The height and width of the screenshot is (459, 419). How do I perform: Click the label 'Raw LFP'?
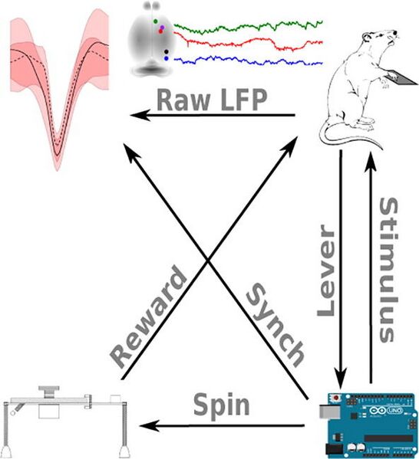point(212,100)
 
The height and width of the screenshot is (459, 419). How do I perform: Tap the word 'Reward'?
point(148,316)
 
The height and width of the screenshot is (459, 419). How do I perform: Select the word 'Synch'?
point(275,325)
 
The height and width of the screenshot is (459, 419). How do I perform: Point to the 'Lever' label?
point(326,270)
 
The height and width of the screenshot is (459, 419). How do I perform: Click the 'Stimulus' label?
point(388,270)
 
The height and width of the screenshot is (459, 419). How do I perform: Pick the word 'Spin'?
point(221,405)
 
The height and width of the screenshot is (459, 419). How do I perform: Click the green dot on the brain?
point(156,21)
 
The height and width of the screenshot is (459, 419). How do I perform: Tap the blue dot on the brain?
point(167,58)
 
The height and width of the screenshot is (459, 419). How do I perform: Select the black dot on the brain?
point(167,52)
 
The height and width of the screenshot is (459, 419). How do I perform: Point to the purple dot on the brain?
point(162,28)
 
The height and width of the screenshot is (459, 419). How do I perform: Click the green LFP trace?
point(248,27)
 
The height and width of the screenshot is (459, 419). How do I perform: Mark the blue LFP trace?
point(248,61)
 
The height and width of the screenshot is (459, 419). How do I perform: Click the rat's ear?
point(367,38)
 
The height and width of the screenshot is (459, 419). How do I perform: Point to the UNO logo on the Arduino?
point(394,411)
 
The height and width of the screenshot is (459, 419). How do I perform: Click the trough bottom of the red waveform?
point(58,154)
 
